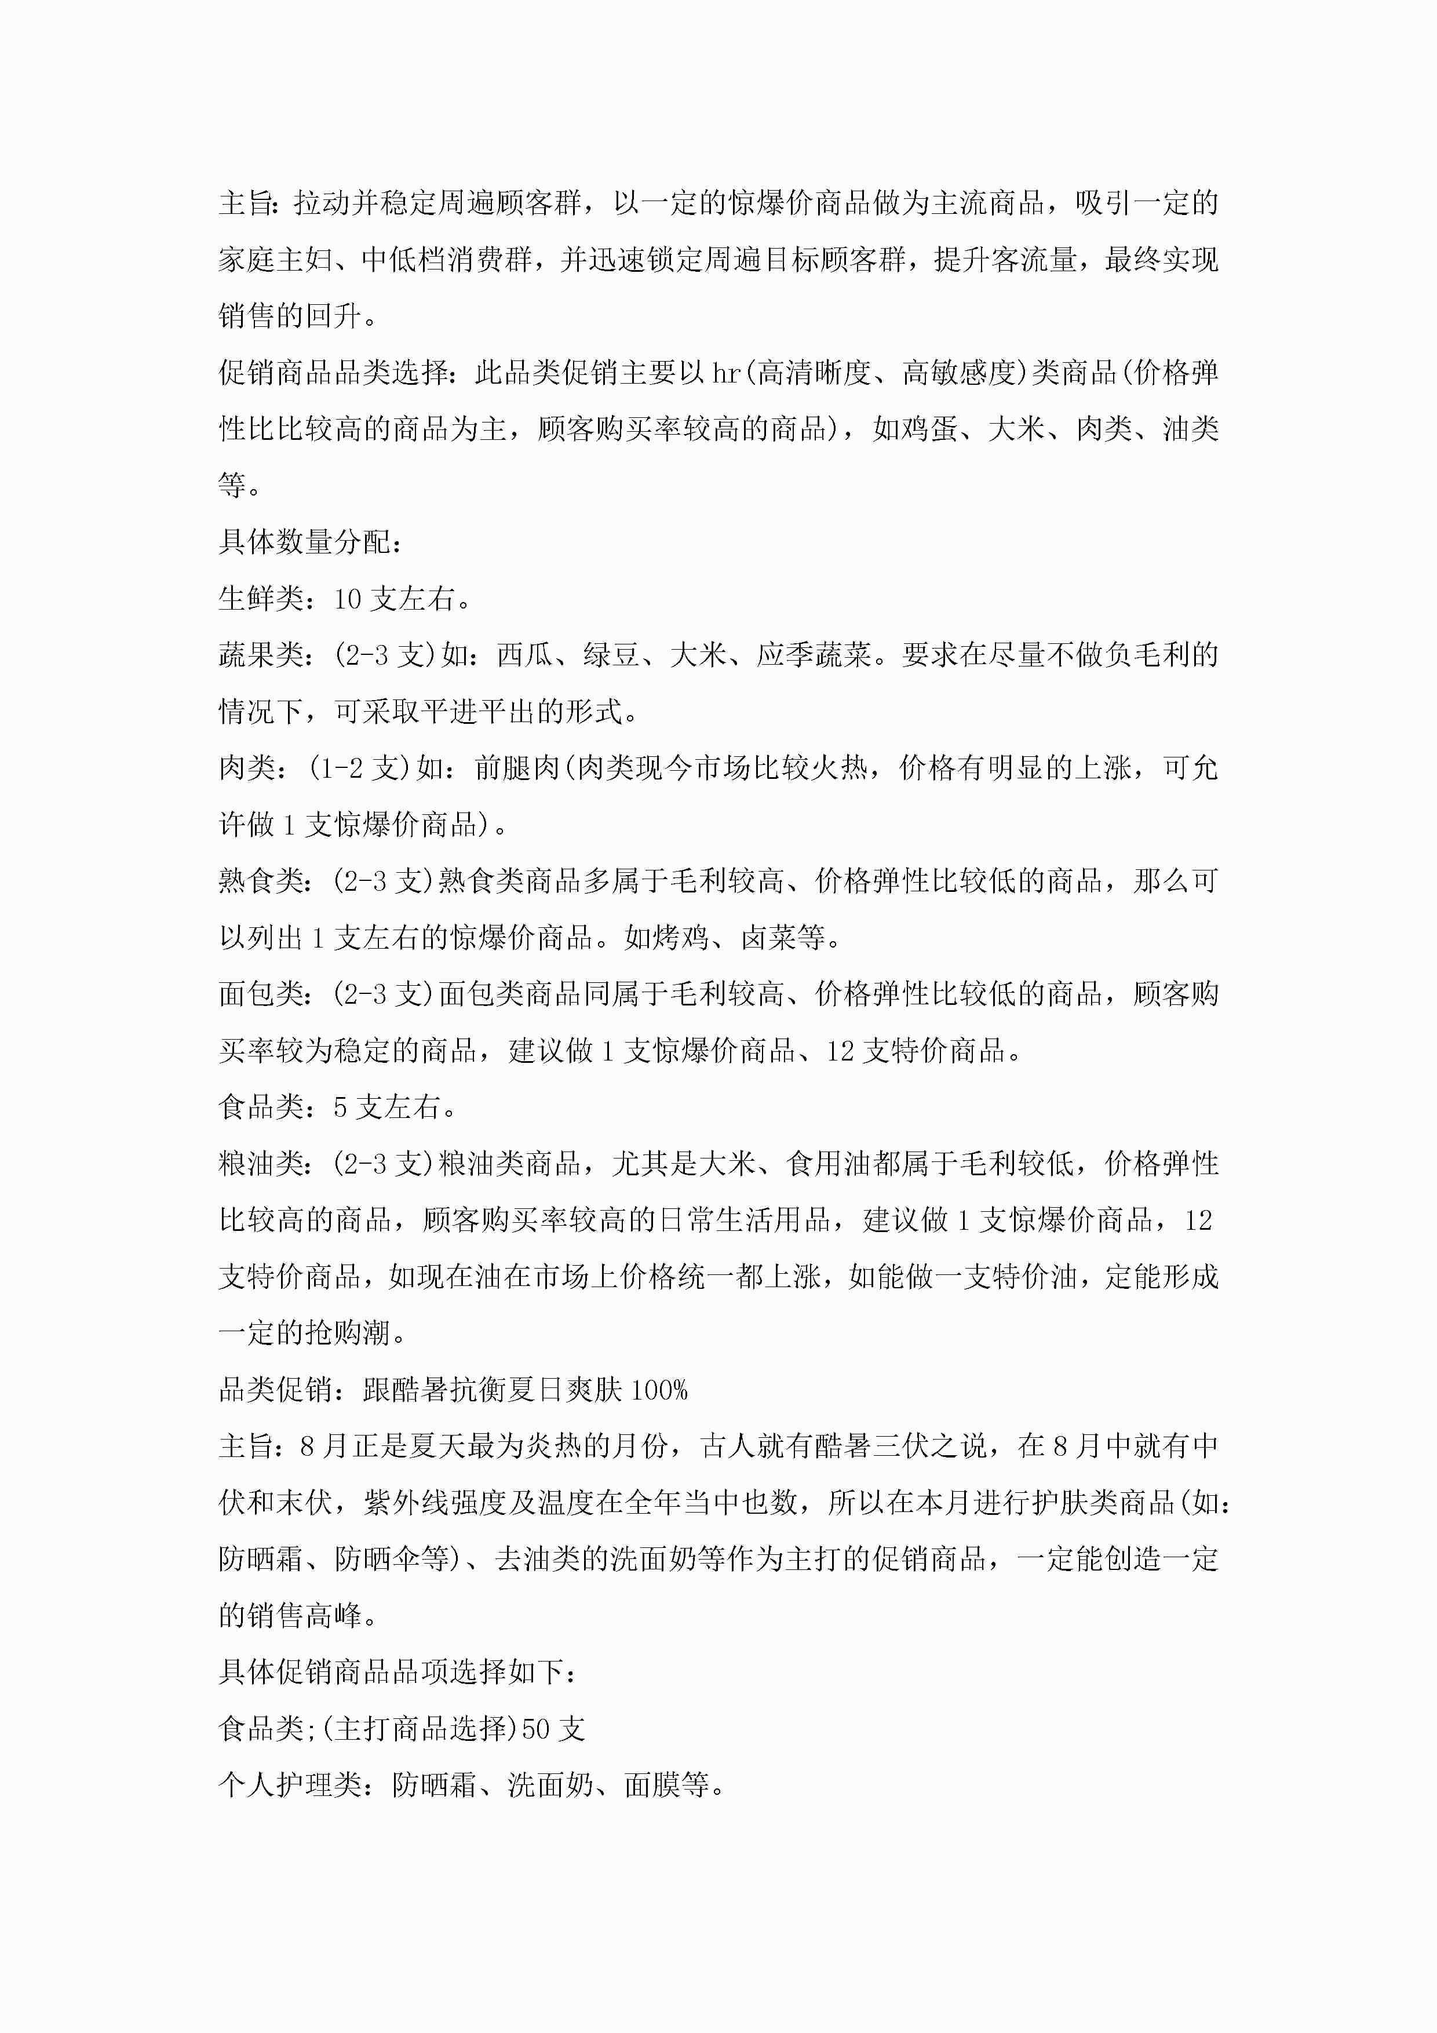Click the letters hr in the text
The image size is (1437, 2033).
[x=726, y=373]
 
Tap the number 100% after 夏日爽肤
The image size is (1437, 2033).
[x=658, y=1389]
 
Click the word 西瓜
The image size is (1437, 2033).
[x=525, y=655]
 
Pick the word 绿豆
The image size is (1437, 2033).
[x=611, y=655]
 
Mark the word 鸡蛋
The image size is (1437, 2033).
[x=929, y=429]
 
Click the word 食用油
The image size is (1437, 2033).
[x=829, y=1164]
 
